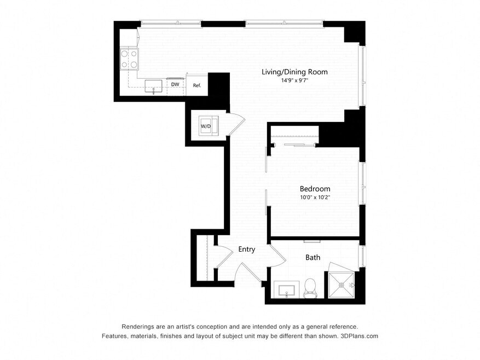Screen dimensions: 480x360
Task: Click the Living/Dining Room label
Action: pyautogui.click(x=294, y=72)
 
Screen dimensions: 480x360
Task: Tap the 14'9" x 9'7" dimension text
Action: pyautogui.click(x=294, y=81)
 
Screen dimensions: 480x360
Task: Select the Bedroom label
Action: pyautogui.click(x=315, y=189)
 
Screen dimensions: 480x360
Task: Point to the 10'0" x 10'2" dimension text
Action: pyautogui.click(x=315, y=198)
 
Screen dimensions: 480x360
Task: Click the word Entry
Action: pyautogui.click(x=247, y=249)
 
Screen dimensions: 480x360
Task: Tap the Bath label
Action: pyautogui.click(x=313, y=258)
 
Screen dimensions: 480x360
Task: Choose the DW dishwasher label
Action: pyautogui.click(x=175, y=84)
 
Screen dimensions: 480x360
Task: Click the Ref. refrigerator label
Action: pyautogui.click(x=197, y=85)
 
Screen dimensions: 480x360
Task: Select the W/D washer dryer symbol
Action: pyautogui.click(x=209, y=126)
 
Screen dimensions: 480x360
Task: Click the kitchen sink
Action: pyautogui.click(x=153, y=86)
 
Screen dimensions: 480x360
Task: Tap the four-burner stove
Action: pyautogui.click(x=129, y=60)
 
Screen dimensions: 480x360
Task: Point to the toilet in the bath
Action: pyautogui.click(x=310, y=288)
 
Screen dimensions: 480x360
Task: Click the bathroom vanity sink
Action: pyautogui.click(x=287, y=289)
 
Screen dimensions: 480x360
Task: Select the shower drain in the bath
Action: pyautogui.click(x=341, y=285)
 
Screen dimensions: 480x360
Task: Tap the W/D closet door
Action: pyautogui.click(x=236, y=123)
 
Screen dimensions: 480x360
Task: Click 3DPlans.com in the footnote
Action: pyautogui.click(x=360, y=336)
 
